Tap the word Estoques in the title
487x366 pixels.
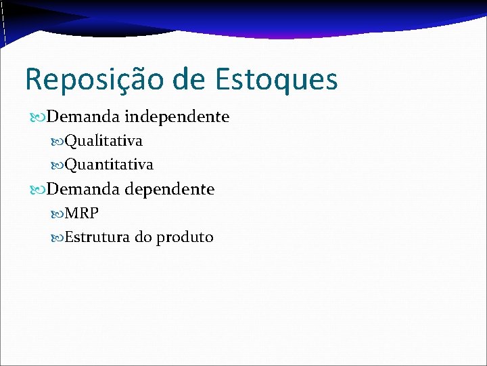[x=277, y=80]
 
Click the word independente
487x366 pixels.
[x=177, y=117]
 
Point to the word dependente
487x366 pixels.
[x=170, y=189]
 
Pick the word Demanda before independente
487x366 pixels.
[x=83, y=117]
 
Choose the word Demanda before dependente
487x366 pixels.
[x=83, y=189]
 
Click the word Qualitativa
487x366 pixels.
[x=103, y=141]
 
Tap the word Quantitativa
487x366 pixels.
[x=109, y=164]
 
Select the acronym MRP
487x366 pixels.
[x=82, y=213]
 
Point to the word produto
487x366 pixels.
[x=185, y=238]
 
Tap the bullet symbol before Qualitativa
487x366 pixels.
[x=57, y=142]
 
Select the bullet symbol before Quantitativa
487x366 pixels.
[x=57, y=165]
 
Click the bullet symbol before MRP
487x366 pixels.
[x=57, y=214]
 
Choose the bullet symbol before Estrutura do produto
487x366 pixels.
[x=57, y=238]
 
